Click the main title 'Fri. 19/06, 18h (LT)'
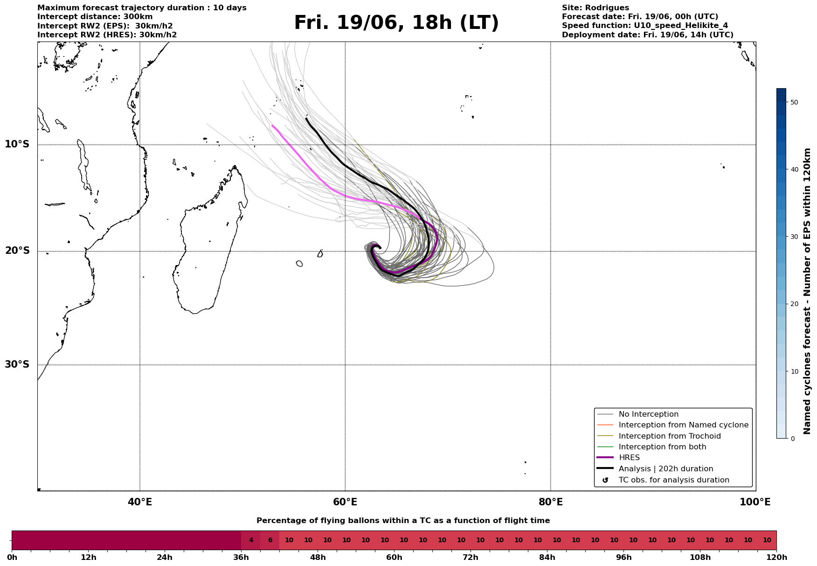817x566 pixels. click(x=396, y=23)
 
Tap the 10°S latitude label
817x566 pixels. click(x=17, y=144)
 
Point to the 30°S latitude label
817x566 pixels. click(x=17, y=364)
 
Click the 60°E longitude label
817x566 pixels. click(x=345, y=502)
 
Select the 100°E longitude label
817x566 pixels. click(x=755, y=502)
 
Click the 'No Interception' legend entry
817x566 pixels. click(x=649, y=414)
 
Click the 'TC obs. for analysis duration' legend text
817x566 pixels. click(x=674, y=480)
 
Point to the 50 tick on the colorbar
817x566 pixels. click(x=794, y=102)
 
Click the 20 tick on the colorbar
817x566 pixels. click(x=794, y=304)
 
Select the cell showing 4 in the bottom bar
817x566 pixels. click(x=251, y=540)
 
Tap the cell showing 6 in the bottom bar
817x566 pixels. click(x=270, y=540)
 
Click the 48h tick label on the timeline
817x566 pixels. click(x=318, y=558)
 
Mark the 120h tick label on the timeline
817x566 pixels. click(x=776, y=558)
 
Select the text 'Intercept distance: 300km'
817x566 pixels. click(x=95, y=17)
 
